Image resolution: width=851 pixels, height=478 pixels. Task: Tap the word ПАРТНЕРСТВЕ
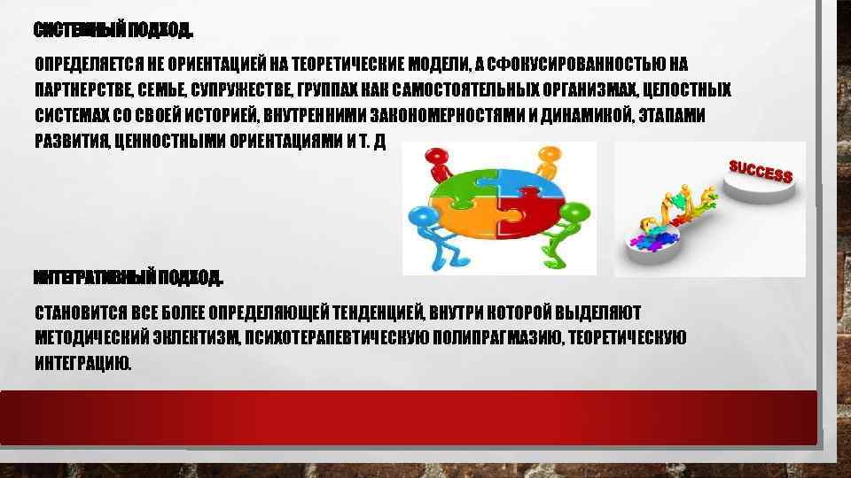click(82, 90)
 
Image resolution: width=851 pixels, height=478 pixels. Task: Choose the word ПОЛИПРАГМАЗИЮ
click(500, 337)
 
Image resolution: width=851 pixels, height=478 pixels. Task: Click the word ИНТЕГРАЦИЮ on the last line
click(82, 363)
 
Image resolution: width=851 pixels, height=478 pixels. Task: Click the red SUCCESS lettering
click(760, 171)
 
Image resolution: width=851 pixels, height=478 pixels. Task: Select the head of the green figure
click(574, 212)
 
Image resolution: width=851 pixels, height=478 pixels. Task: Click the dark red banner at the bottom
click(408, 416)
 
